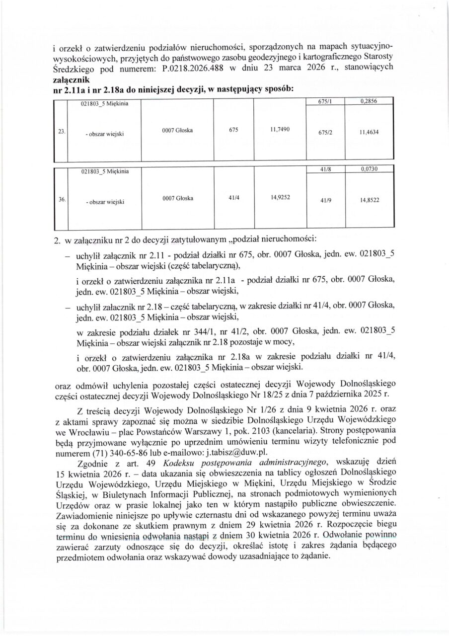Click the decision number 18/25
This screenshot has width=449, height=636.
(286, 396)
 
